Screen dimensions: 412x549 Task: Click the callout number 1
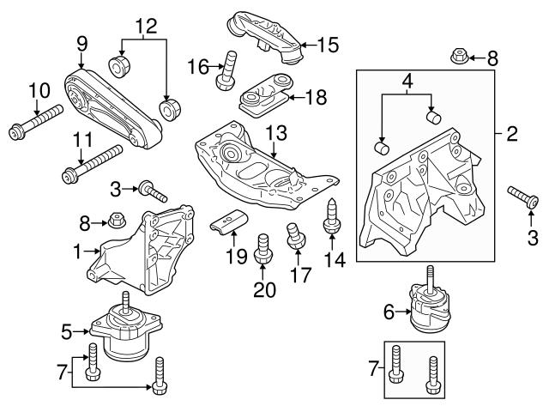tap(79, 252)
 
